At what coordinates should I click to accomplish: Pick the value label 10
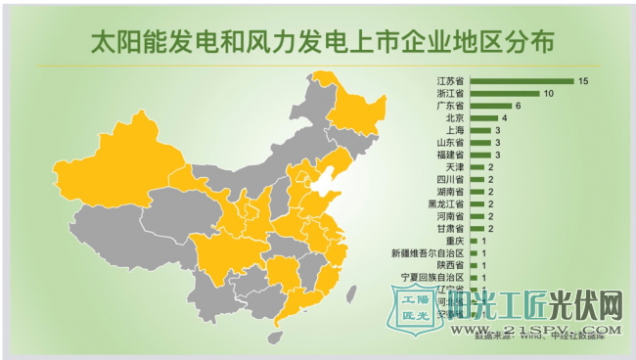(549, 93)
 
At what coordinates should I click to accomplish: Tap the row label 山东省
(450, 143)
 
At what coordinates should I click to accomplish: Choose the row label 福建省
(450, 155)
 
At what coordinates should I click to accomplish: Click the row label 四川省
(450, 180)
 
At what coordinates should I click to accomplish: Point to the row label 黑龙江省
(446, 204)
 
